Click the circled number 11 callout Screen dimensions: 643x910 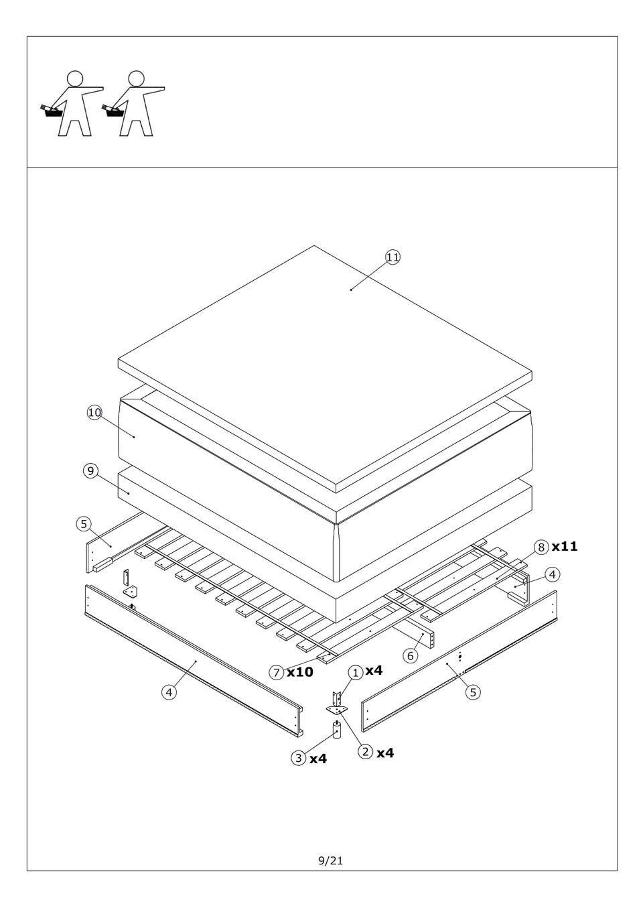[392, 257]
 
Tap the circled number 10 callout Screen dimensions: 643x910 [94, 413]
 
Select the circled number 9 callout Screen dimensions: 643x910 [90, 471]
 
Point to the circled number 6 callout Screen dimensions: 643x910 [410, 655]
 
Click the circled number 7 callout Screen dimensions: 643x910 [277, 672]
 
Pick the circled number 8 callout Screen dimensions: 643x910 [541, 547]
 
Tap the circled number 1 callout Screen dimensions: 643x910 [355, 673]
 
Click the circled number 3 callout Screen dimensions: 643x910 [299, 758]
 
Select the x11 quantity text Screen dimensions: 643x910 [564, 546]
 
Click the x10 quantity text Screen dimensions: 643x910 [300, 672]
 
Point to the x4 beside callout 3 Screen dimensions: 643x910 [318, 759]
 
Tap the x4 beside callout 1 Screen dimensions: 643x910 [374, 670]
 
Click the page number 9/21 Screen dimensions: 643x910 [330, 860]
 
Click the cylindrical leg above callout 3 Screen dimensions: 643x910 [336, 730]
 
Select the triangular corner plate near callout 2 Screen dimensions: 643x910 [337, 710]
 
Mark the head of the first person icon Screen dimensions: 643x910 [75, 79]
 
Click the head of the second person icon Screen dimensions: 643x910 [136, 79]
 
